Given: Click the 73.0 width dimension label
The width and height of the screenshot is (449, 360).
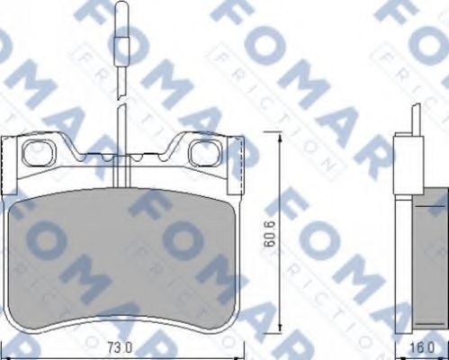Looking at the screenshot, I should click(x=120, y=345).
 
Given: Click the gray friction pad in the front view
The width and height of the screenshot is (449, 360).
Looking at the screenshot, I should click(x=126, y=261).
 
